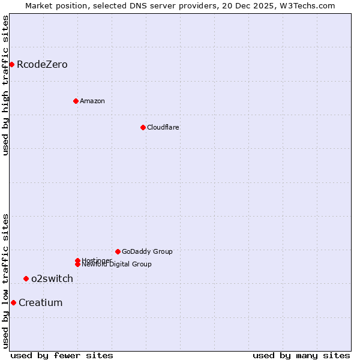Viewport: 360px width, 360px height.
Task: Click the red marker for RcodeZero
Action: click(x=11, y=64)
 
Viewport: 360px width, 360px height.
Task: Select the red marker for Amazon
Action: click(x=76, y=101)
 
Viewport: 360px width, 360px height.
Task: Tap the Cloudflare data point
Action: click(x=143, y=127)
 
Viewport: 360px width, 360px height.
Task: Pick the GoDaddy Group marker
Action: click(x=118, y=251)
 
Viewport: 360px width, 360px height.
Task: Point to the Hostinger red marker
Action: click(x=77, y=260)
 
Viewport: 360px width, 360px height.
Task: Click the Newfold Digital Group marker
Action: click(x=77, y=264)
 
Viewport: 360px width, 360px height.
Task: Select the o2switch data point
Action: click(x=26, y=278)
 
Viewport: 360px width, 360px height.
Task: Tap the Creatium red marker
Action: click(x=13, y=302)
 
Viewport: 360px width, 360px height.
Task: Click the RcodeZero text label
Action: click(x=42, y=64)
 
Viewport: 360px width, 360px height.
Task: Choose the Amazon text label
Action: click(x=92, y=101)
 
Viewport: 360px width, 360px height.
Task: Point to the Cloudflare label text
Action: click(x=163, y=127)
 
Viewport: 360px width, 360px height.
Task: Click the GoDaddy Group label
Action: click(x=147, y=251)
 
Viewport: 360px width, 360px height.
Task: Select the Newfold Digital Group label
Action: click(x=116, y=265)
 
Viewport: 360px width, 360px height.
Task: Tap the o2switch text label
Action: click(x=52, y=278)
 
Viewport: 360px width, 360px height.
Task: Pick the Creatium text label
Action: click(x=40, y=302)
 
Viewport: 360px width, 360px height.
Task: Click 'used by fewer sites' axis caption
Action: click(x=62, y=355)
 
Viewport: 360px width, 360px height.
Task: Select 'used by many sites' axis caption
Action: click(x=301, y=355)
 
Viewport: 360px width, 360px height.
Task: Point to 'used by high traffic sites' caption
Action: click(x=5, y=85)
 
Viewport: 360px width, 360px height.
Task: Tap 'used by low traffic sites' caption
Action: click(x=5, y=281)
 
